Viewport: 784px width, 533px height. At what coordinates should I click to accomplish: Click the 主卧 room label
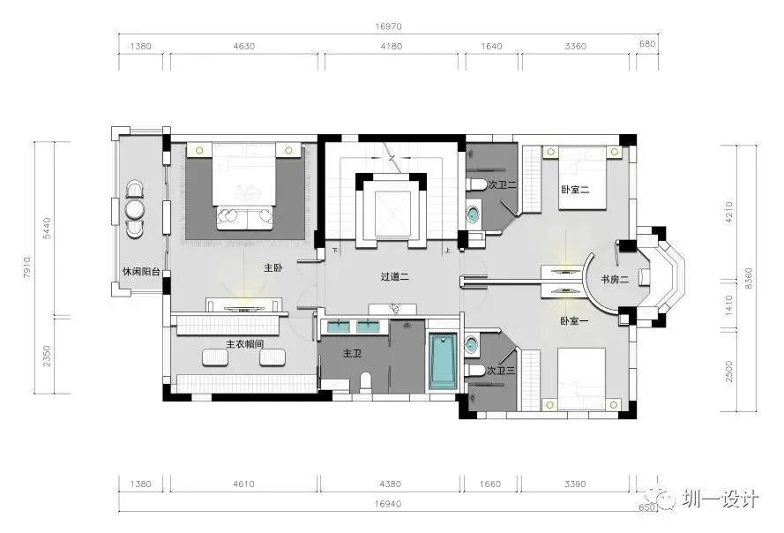pos(273,267)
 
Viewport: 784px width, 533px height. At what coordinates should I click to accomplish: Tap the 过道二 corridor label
pos(394,276)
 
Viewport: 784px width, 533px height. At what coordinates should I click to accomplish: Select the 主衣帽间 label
pos(244,344)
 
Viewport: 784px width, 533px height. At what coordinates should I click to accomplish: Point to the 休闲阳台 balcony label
pos(141,272)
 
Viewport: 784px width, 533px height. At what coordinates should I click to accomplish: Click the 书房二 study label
pos(615,279)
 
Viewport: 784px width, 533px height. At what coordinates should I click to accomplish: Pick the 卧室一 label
pos(574,321)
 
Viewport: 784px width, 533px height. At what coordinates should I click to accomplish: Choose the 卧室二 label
pos(575,190)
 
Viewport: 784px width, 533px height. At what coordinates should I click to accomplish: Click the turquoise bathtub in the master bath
pos(443,361)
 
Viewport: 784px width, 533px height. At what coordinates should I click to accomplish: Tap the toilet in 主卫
pos(365,381)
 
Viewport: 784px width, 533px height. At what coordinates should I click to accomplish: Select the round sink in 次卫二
pos(473,214)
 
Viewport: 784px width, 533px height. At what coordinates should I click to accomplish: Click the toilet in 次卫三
pos(475,371)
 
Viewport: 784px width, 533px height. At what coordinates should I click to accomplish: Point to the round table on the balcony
pos(135,208)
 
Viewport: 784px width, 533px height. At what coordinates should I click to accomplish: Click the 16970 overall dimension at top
pos(389,26)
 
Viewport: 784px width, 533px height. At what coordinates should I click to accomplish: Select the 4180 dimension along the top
pos(391,46)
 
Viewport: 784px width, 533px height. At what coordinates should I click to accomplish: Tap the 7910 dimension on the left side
pos(27,266)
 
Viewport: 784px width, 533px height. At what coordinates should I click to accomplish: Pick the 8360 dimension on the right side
pos(749,278)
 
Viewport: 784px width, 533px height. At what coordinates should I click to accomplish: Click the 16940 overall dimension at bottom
pos(388,504)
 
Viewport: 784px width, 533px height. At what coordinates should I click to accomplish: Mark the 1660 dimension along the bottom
pos(489,484)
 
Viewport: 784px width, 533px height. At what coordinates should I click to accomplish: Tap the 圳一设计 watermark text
pos(720,499)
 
